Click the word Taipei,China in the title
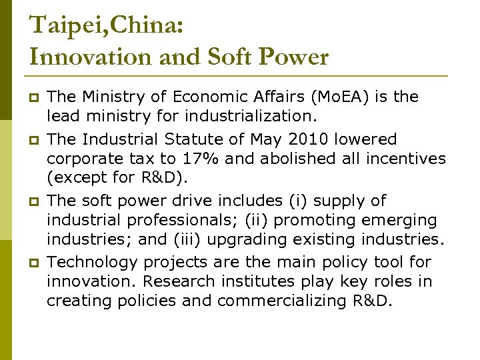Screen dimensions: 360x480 click(106, 25)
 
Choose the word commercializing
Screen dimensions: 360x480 click(283, 301)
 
